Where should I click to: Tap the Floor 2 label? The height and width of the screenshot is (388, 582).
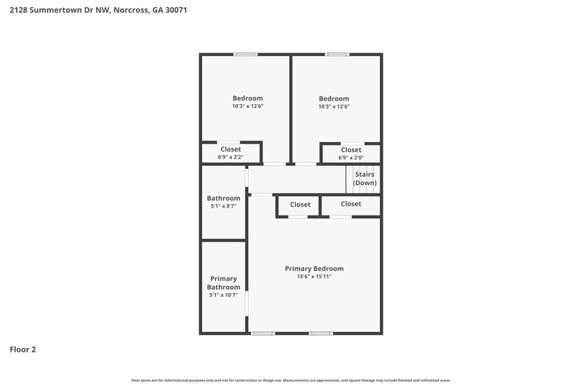tap(23, 349)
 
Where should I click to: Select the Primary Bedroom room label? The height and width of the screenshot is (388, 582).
tap(314, 269)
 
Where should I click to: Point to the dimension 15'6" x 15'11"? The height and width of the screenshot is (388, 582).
tap(314, 277)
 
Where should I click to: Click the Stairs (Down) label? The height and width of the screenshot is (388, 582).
tap(364, 178)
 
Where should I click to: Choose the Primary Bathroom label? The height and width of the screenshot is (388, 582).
tap(223, 282)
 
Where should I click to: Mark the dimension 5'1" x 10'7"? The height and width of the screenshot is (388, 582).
tap(223, 296)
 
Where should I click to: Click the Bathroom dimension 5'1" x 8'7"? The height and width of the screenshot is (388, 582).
tap(223, 206)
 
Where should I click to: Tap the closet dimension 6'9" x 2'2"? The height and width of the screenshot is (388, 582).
tap(231, 157)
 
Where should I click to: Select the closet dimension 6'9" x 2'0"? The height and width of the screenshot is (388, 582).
tap(351, 157)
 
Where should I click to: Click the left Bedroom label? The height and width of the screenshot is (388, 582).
tap(247, 98)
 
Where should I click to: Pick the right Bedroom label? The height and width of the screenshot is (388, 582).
tap(334, 98)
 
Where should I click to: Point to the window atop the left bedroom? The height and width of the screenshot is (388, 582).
tap(245, 54)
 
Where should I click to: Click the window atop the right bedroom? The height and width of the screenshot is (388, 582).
tap(336, 54)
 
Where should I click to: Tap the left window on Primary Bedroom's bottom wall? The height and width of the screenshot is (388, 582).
tap(263, 333)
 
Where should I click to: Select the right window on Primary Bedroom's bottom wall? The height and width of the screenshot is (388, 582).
tap(320, 333)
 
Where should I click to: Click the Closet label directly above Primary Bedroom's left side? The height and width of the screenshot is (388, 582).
tap(300, 205)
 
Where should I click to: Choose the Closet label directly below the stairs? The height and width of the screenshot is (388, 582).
tap(351, 204)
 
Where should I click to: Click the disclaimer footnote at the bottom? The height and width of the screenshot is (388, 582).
tap(291, 380)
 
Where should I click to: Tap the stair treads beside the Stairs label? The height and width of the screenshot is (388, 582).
tap(350, 179)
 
